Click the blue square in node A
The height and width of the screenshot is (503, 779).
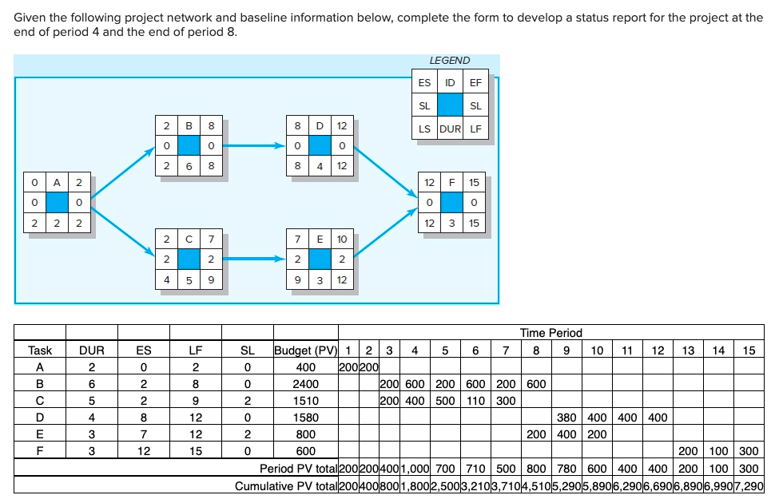[x=57, y=202]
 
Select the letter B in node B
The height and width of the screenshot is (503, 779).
[x=188, y=126]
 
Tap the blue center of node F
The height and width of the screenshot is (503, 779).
[x=451, y=202]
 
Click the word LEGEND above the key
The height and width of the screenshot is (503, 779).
[x=450, y=60]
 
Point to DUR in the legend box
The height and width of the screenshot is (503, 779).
[x=450, y=129]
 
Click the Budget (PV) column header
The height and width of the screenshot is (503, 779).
[x=305, y=351]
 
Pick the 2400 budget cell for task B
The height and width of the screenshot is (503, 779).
[x=305, y=384]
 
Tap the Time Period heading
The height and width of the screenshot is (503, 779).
[x=550, y=333]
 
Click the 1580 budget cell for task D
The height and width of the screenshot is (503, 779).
[x=305, y=418]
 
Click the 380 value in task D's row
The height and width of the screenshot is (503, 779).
[x=566, y=418]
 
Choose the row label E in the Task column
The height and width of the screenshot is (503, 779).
[x=40, y=434]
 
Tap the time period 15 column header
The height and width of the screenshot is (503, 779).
[x=748, y=351]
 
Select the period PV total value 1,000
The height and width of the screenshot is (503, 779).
[x=414, y=469]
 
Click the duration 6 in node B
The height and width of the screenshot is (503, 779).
[x=188, y=166]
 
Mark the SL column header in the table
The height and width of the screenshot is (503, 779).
[x=247, y=351]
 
